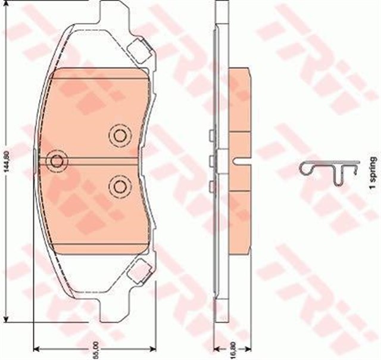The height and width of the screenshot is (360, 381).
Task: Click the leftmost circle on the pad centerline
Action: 57,160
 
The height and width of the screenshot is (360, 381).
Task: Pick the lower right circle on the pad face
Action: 119,186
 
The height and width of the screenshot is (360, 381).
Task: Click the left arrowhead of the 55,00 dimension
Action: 35,349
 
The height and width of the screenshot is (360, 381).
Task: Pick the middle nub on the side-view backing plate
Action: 211,159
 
